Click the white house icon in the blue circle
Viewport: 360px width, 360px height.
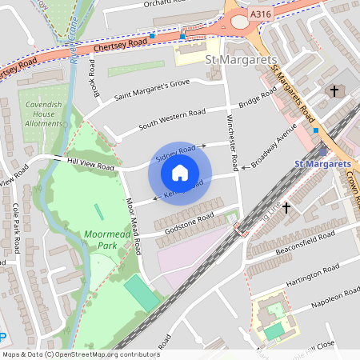(x=180, y=173)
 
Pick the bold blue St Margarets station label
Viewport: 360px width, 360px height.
(x=322, y=164)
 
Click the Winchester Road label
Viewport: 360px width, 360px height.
(x=232, y=141)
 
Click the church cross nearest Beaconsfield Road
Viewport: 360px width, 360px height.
(x=286, y=207)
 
